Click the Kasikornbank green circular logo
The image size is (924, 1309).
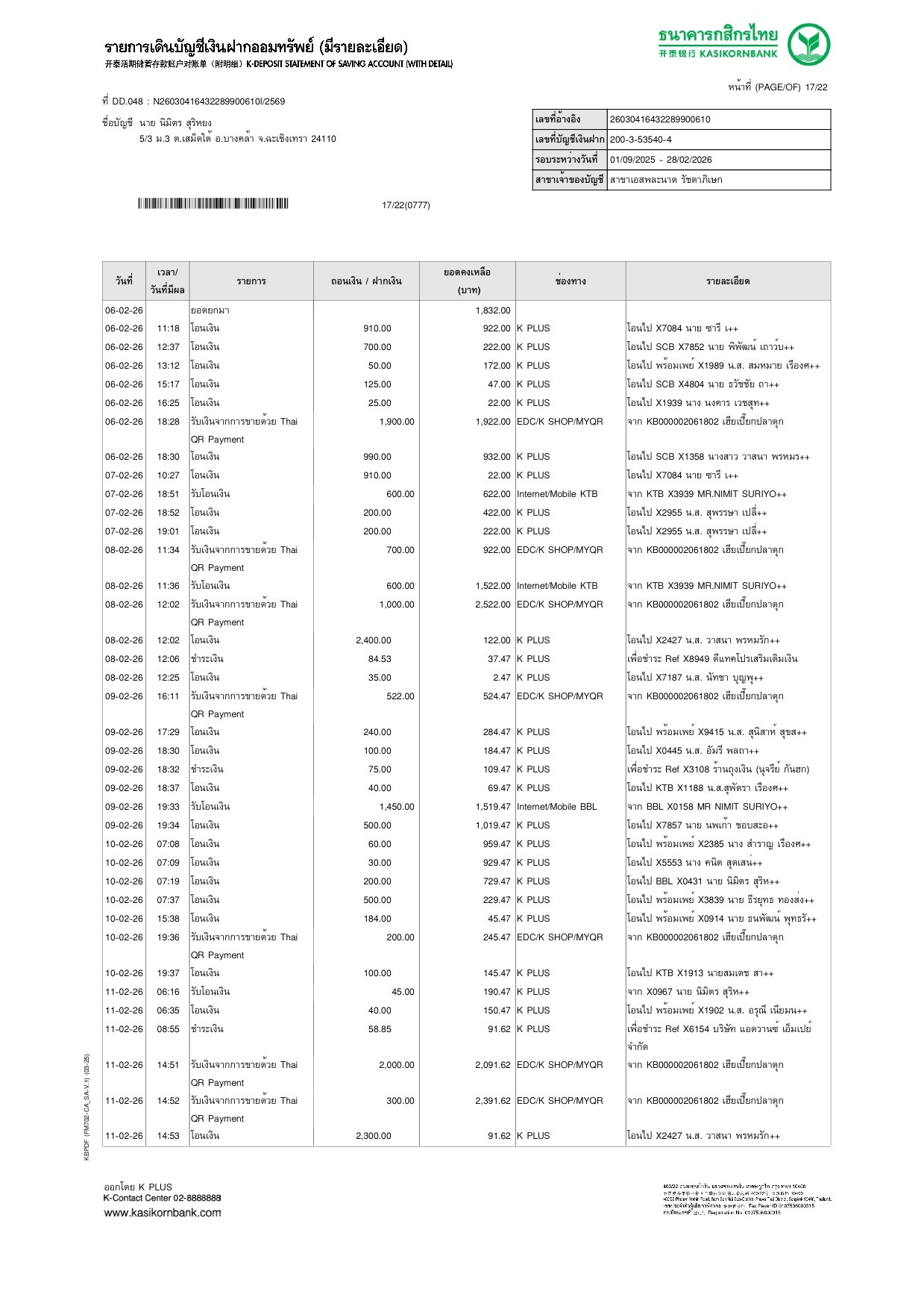click(x=808, y=45)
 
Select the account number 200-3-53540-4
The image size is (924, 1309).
click(x=641, y=140)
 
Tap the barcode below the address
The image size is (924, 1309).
click(x=213, y=204)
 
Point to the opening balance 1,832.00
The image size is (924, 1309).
click(x=493, y=310)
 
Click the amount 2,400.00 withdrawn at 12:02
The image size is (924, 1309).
click(x=373, y=640)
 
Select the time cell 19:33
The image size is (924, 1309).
click(x=168, y=807)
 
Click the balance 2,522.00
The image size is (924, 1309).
click(x=493, y=604)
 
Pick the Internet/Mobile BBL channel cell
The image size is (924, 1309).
click(x=557, y=807)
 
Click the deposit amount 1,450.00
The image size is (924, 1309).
click(x=396, y=807)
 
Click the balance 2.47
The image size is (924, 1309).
click(x=501, y=678)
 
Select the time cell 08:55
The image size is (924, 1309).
click(x=168, y=1029)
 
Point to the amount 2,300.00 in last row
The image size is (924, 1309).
click(x=373, y=1136)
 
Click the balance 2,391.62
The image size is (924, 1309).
click(x=493, y=1101)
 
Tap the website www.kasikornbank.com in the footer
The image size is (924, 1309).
click(x=163, y=1213)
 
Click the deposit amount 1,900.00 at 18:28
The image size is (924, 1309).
click(x=396, y=422)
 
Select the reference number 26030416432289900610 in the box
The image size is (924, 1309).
click(x=660, y=119)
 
